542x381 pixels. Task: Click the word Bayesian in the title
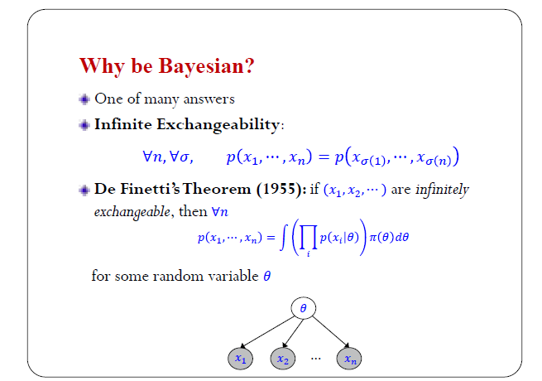coord(206,66)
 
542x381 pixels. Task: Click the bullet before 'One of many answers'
coord(84,99)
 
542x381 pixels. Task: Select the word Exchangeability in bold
coord(218,124)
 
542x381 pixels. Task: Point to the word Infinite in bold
coord(123,124)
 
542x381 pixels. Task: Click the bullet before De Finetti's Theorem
coord(84,190)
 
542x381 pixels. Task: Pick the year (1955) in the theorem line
coord(281,190)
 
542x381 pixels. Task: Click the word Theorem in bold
coord(217,189)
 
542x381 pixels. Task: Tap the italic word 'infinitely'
coord(442,190)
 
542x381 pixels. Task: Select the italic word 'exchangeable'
coord(132,212)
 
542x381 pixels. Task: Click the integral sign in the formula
coord(283,237)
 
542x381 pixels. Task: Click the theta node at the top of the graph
coord(303,308)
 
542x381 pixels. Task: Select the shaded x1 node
coord(240,359)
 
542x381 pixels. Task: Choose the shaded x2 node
coord(283,359)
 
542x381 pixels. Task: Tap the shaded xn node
coord(349,359)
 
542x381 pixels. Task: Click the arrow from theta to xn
coord(331,332)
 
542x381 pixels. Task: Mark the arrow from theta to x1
coord(267,332)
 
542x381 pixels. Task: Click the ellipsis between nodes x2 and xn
coord(315,359)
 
